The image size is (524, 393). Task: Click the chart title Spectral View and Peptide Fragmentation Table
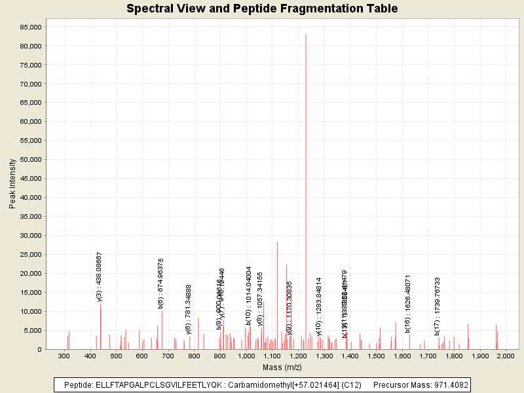coord(262,9)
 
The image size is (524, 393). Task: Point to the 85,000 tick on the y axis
coord(30,27)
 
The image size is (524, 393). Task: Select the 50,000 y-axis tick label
coord(30,159)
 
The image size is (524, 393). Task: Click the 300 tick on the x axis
coord(64,356)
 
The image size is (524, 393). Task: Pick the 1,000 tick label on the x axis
coord(246,356)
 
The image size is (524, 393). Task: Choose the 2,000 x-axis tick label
coord(506,356)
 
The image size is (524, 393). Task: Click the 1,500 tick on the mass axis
coord(376,356)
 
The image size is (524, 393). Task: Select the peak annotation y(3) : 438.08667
coord(100,276)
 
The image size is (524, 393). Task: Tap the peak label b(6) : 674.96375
coord(161,283)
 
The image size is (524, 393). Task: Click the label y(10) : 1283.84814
coord(319,307)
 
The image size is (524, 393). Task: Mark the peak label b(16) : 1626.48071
coord(407,301)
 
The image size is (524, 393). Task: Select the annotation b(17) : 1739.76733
coord(437,306)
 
